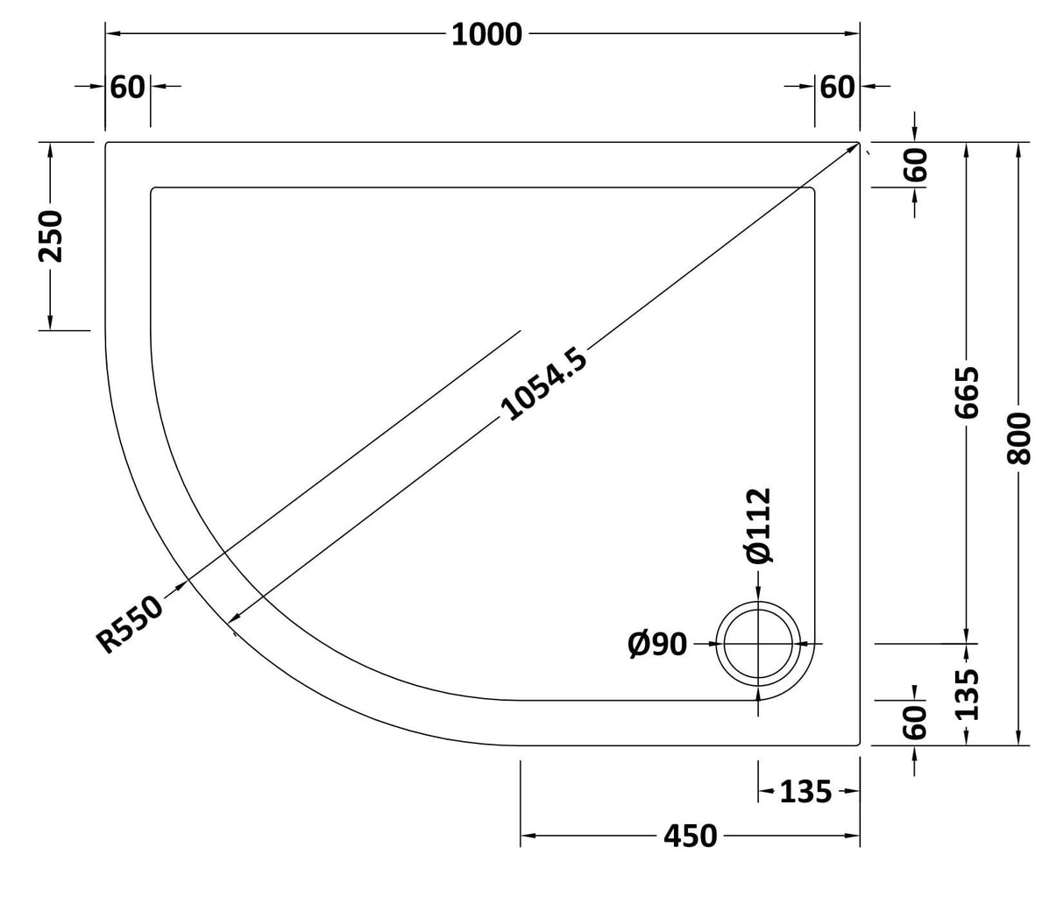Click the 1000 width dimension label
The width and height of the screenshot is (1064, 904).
(487, 34)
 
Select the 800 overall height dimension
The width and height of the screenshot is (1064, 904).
(1019, 438)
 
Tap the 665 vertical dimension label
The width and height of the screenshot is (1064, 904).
(967, 392)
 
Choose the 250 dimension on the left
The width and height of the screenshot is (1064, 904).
(51, 236)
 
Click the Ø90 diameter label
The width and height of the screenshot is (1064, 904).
(657, 645)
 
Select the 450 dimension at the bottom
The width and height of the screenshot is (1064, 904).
(690, 837)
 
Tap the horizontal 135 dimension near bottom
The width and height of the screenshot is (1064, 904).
(805, 792)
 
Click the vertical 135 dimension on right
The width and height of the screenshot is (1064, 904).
(967, 694)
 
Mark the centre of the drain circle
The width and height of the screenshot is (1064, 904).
(758, 644)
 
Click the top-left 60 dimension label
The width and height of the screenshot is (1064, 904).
(128, 87)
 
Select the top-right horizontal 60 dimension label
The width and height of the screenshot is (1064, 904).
(836, 87)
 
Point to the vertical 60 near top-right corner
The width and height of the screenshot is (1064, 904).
(915, 165)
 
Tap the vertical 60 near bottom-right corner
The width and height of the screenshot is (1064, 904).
(915, 723)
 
